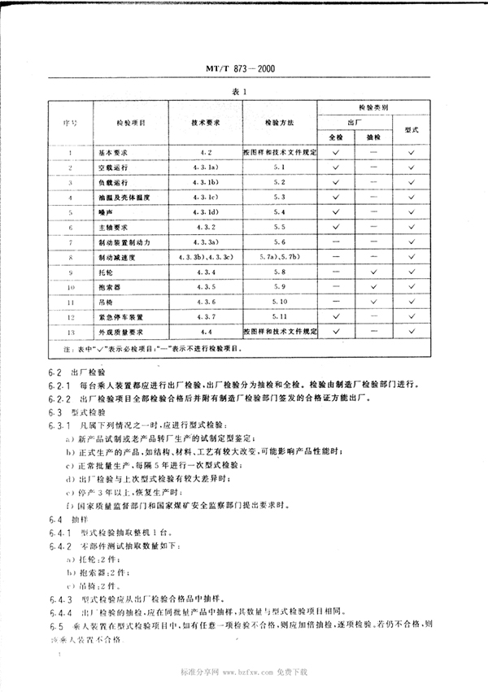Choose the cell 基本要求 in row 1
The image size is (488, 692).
point(115,152)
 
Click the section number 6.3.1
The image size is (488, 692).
point(59,425)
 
